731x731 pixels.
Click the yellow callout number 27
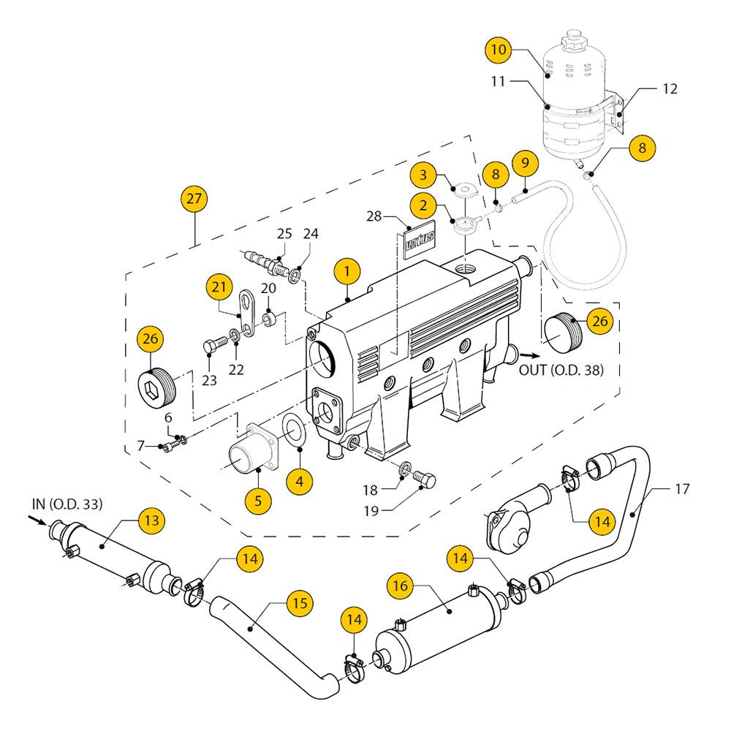(x=194, y=199)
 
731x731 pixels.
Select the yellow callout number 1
(x=347, y=272)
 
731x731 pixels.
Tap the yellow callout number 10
(x=499, y=50)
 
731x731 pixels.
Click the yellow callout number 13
(x=151, y=520)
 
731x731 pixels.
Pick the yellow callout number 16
(x=403, y=586)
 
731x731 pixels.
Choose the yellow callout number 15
(x=300, y=604)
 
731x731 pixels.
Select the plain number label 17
(x=681, y=489)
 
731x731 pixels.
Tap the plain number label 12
(x=670, y=89)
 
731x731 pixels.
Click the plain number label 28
(x=374, y=217)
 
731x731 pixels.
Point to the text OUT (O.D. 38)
(x=561, y=370)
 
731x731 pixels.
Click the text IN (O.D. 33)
(x=67, y=504)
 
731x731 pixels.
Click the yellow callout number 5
(x=259, y=501)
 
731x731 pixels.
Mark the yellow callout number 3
(x=423, y=175)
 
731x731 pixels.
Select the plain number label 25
(x=284, y=234)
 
